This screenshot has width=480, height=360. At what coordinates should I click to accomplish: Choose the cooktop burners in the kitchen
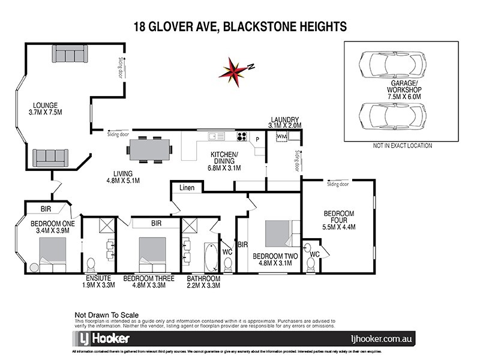[242, 136]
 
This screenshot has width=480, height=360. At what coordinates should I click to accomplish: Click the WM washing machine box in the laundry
[281, 137]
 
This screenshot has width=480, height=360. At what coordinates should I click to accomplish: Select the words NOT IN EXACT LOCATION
[402, 146]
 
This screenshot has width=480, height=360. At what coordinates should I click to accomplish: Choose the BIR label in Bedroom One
[46, 209]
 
